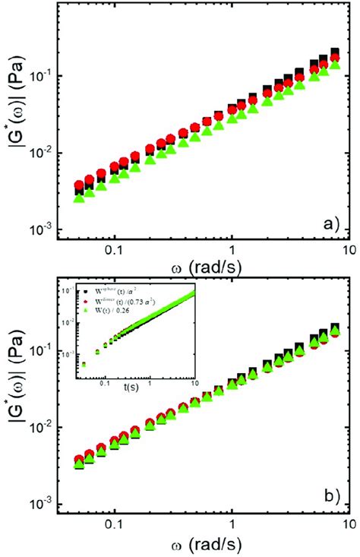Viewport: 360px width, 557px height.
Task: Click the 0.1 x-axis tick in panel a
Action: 114,248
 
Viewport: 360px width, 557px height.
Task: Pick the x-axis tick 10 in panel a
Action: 347,248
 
